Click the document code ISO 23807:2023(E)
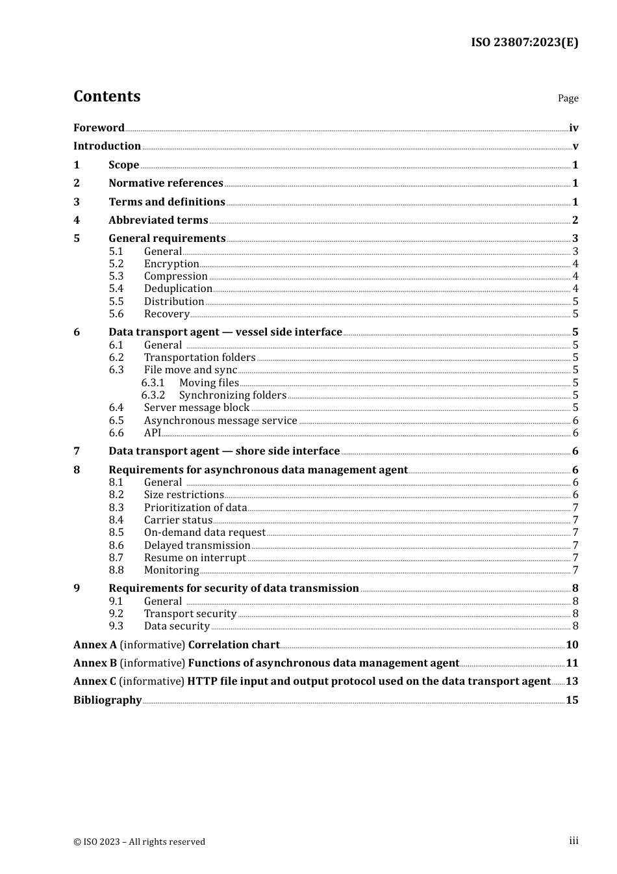[x=524, y=42]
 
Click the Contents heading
[x=107, y=96]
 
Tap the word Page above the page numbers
[x=568, y=98]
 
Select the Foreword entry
[x=99, y=127]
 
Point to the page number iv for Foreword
[x=573, y=127]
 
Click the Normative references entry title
[x=166, y=183]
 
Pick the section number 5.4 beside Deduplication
[x=116, y=289]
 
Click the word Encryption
[x=171, y=264]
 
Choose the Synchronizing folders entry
[x=233, y=395]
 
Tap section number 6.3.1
[x=153, y=383]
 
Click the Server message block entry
[x=197, y=408]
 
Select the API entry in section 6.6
[x=153, y=433]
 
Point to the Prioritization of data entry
[x=195, y=508]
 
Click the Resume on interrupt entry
[x=195, y=558]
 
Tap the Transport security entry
[x=190, y=614]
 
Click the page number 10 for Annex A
[x=572, y=645]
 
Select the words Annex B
[x=95, y=663]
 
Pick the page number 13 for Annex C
[x=572, y=682]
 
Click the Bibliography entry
[x=107, y=700]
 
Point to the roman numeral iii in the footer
[x=573, y=841]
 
